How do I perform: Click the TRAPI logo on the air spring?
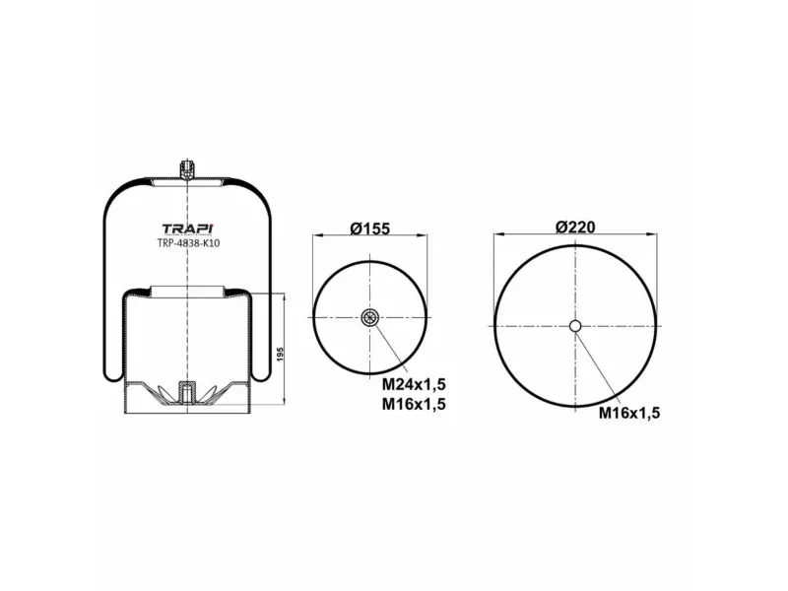point(188,229)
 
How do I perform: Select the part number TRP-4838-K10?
point(188,243)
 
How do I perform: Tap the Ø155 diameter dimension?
point(370,229)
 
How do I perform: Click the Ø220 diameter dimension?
point(575,228)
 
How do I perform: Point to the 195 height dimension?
point(281,354)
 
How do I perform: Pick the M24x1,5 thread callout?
point(414,384)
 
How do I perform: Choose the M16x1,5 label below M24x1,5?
point(414,404)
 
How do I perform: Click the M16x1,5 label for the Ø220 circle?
point(628,413)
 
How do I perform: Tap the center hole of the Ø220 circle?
point(575,326)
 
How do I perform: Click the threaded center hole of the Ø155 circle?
point(370,317)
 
